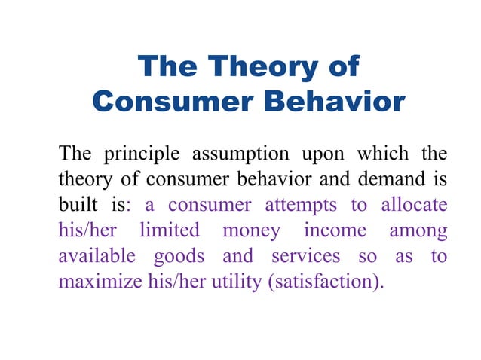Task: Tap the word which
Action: pos(385,155)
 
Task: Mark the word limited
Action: pos(170,230)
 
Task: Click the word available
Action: pos(97,256)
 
